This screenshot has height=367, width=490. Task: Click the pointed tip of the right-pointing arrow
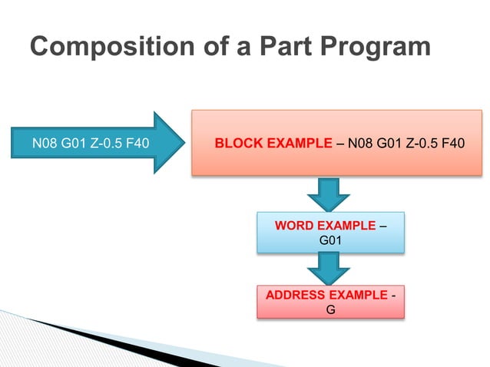(x=182, y=143)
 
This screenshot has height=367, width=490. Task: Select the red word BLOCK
(x=237, y=143)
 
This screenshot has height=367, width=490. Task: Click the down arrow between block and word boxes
(x=330, y=193)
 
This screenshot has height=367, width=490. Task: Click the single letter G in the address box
(x=330, y=309)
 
